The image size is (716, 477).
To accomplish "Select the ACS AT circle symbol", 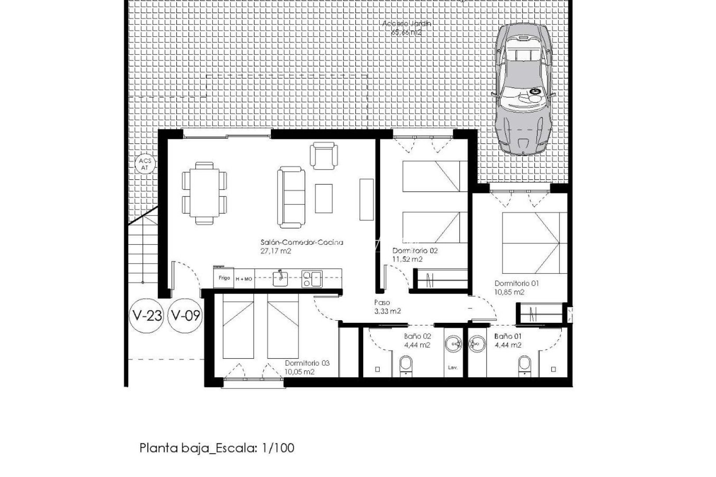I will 145,164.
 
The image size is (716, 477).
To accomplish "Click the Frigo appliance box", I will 224,278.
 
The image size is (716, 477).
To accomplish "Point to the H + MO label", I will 244,279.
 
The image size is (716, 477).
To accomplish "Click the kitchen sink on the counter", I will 280,278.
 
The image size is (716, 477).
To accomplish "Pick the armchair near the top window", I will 325,155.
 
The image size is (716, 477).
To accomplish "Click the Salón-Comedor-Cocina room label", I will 302,242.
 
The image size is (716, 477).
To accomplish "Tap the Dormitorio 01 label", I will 517,284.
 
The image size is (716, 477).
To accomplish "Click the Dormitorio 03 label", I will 307,363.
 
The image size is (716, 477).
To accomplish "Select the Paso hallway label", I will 382,303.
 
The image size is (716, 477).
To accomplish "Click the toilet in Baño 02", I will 406,366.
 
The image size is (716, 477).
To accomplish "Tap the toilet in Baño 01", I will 525,366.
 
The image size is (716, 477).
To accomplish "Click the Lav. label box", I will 453,367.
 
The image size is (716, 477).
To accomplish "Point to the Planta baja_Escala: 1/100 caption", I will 217,448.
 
